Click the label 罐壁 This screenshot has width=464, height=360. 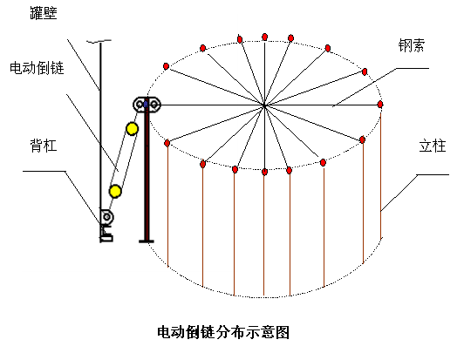click(44, 13)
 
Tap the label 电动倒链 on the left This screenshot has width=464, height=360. click(37, 68)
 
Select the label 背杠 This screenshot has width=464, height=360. click(44, 146)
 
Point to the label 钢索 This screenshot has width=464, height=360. click(412, 46)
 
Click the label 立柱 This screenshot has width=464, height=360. click(433, 146)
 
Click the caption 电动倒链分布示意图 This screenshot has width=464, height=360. click(223, 332)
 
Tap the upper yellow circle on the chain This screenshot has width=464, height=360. click(132, 129)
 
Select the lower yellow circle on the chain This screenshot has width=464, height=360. click(115, 191)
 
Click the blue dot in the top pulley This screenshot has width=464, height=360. click(146, 104)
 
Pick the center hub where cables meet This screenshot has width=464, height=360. click(264, 105)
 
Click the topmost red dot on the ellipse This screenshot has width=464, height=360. click(265, 37)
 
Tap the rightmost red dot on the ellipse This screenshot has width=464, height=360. click(380, 104)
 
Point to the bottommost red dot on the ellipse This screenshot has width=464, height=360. click(264, 172)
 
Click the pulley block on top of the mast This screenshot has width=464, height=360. click(147, 105)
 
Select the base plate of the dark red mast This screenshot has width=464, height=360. click(147, 241)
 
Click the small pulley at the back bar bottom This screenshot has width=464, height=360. click(106, 217)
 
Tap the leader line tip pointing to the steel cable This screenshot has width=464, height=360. click(332, 106)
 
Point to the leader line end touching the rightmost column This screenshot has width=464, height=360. click(380, 211)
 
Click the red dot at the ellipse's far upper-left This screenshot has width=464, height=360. click(167, 66)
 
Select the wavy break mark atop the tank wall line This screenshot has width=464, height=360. click(99, 41)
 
